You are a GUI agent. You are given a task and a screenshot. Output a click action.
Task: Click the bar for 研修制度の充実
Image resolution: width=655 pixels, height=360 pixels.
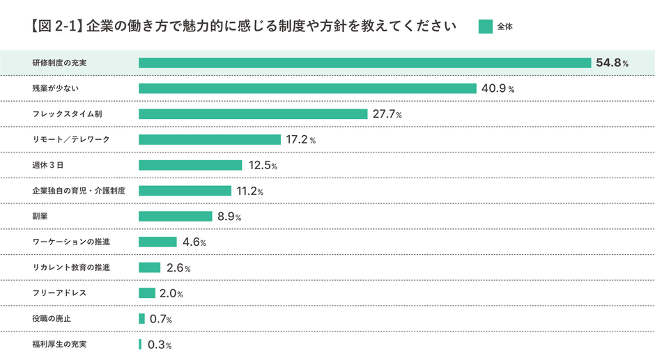click(365, 63)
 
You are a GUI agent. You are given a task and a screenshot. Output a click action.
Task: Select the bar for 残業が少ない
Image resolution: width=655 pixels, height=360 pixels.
click(307, 88)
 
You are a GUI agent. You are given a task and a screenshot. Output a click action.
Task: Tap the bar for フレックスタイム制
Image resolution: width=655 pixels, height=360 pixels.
click(253, 114)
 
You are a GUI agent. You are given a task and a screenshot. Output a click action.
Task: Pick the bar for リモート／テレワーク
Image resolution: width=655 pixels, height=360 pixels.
click(209, 140)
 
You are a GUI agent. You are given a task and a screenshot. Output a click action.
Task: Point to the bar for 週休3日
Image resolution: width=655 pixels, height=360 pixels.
click(190, 165)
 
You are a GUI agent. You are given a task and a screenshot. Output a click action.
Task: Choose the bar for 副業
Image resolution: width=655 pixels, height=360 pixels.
click(175, 217)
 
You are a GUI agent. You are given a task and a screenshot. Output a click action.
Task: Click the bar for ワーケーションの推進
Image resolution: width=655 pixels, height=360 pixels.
click(157, 242)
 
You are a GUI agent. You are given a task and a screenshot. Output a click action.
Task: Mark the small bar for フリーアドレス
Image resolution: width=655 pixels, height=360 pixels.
click(147, 293)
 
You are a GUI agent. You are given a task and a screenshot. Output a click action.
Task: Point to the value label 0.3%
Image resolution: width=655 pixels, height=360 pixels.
click(160, 345)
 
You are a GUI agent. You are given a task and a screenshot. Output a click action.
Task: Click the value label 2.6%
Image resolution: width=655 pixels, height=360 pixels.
click(178, 268)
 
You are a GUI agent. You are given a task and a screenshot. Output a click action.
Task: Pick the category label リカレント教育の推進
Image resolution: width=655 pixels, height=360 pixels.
click(71, 267)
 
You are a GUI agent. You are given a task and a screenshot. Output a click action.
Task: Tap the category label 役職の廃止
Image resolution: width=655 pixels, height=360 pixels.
click(52, 319)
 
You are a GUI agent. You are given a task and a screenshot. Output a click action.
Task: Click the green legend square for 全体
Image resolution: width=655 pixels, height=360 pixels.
click(485, 26)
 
